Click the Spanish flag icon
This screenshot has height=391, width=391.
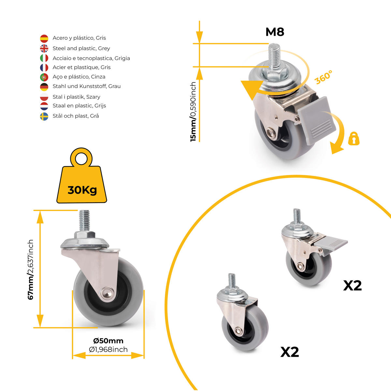44,38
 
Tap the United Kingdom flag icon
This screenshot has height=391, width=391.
44,49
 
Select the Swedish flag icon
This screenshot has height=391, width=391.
44,116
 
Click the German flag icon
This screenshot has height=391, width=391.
44,87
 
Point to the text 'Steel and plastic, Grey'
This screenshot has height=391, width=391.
81,49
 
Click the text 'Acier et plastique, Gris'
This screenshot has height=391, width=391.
81,67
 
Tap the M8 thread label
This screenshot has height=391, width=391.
275,32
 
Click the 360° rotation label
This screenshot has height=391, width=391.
324,77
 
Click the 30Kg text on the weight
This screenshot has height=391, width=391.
82,190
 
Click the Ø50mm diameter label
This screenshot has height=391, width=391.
108,341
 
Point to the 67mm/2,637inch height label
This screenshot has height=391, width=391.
31,270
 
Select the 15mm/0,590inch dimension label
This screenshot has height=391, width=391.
193,112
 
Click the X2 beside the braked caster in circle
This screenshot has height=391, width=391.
353,286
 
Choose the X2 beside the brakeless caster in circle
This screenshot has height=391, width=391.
290,352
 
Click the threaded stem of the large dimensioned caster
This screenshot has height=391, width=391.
84,220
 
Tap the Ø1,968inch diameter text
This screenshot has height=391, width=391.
108,350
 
